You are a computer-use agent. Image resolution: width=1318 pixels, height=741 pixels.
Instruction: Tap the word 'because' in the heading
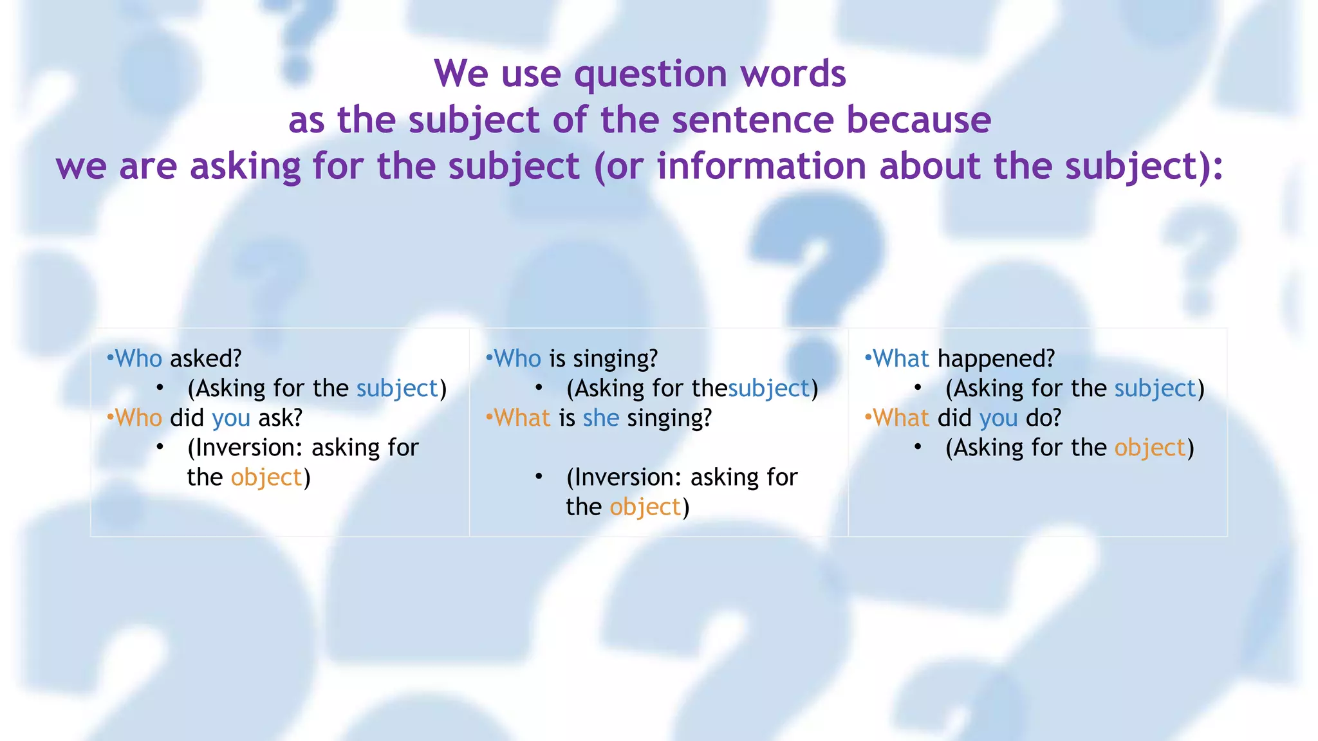[x=918, y=120]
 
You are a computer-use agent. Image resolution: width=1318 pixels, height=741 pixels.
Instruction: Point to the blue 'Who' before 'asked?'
[x=138, y=358]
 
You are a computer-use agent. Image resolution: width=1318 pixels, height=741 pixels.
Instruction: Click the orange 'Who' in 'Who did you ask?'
[x=138, y=418]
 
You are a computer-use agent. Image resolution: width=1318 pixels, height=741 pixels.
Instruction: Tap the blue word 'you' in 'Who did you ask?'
[x=230, y=418]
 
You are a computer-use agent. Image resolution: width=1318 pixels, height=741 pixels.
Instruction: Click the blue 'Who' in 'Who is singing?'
[x=517, y=358]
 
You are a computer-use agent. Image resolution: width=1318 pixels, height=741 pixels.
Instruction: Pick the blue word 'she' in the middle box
[x=600, y=418]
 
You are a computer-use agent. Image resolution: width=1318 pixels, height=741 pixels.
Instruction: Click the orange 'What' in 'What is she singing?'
[x=522, y=418]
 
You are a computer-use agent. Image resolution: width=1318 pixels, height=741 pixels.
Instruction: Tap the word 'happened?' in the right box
[x=996, y=358]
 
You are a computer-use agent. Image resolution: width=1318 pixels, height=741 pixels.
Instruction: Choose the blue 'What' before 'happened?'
[x=901, y=358]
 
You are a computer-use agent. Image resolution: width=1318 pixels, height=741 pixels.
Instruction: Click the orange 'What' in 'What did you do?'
[x=901, y=418]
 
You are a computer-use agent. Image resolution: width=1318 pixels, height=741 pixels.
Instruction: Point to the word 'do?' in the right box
[x=1043, y=418]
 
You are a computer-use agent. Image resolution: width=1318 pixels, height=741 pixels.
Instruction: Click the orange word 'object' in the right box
[x=1150, y=448]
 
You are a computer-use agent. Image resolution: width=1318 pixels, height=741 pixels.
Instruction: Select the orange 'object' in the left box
[x=266, y=477]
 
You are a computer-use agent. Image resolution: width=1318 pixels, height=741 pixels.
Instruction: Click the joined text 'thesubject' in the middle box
[x=750, y=389]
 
